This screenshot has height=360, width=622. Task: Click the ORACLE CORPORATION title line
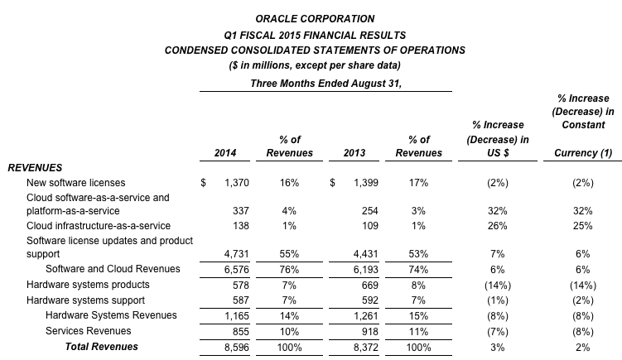(315, 19)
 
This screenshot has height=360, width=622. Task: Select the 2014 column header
(225, 152)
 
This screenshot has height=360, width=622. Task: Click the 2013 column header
(354, 152)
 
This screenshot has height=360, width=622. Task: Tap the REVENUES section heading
(35, 168)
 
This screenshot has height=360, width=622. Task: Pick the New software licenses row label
(75, 183)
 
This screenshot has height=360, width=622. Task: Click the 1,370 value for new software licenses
(236, 183)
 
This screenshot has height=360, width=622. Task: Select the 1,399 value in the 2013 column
(366, 183)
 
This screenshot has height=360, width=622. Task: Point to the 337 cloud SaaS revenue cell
(241, 211)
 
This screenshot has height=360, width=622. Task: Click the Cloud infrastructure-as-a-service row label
(99, 226)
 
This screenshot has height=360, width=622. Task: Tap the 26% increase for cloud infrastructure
(498, 226)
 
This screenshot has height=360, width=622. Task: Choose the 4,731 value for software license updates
(236, 254)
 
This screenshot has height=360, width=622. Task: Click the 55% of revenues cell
(289, 254)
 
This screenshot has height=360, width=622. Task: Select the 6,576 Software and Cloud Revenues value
(236, 270)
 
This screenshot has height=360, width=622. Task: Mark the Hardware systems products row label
(88, 285)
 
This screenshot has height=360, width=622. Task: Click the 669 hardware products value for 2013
(370, 285)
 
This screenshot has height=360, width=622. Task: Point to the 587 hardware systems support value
(241, 300)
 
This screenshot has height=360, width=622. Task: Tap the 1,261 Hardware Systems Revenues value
(366, 316)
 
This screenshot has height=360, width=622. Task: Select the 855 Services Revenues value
(241, 332)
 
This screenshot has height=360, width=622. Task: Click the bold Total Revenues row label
(102, 347)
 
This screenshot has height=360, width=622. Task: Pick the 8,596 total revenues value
(236, 348)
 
